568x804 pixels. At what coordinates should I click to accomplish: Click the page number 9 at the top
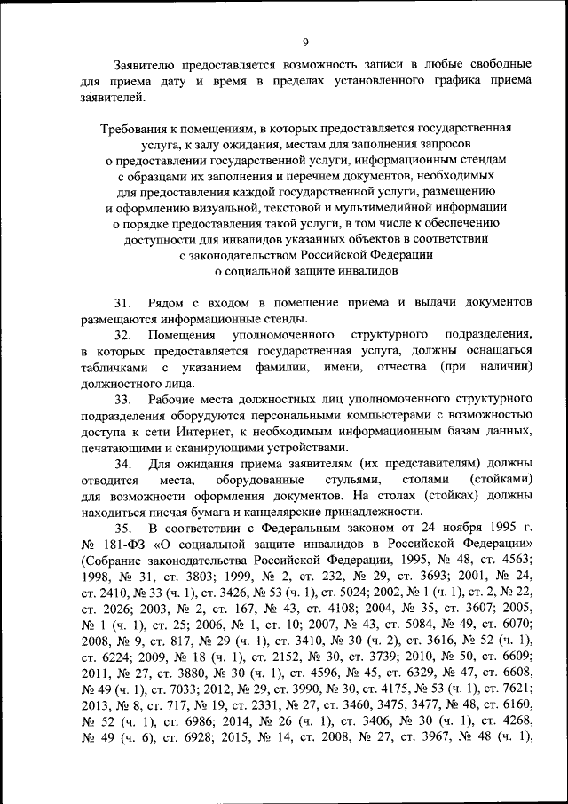click(304, 42)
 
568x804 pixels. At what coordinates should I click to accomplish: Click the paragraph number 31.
click(122, 303)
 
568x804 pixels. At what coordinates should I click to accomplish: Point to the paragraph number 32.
click(122, 335)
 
